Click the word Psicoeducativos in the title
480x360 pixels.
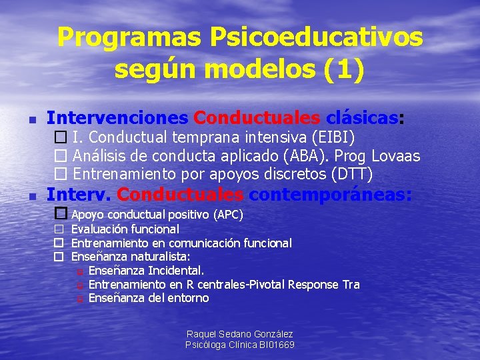click(x=316, y=37)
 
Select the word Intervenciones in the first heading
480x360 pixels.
click(x=117, y=119)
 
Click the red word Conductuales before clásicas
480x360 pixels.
click(x=257, y=119)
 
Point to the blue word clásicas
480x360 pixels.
click(x=362, y=119)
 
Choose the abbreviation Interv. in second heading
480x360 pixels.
click(x=79, y=195)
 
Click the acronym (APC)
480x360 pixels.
click(x=227, y=215)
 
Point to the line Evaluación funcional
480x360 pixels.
click(x=125, y=229)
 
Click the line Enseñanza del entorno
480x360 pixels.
click(x=148, y=299)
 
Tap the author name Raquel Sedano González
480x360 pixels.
click(x=239, y=334)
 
